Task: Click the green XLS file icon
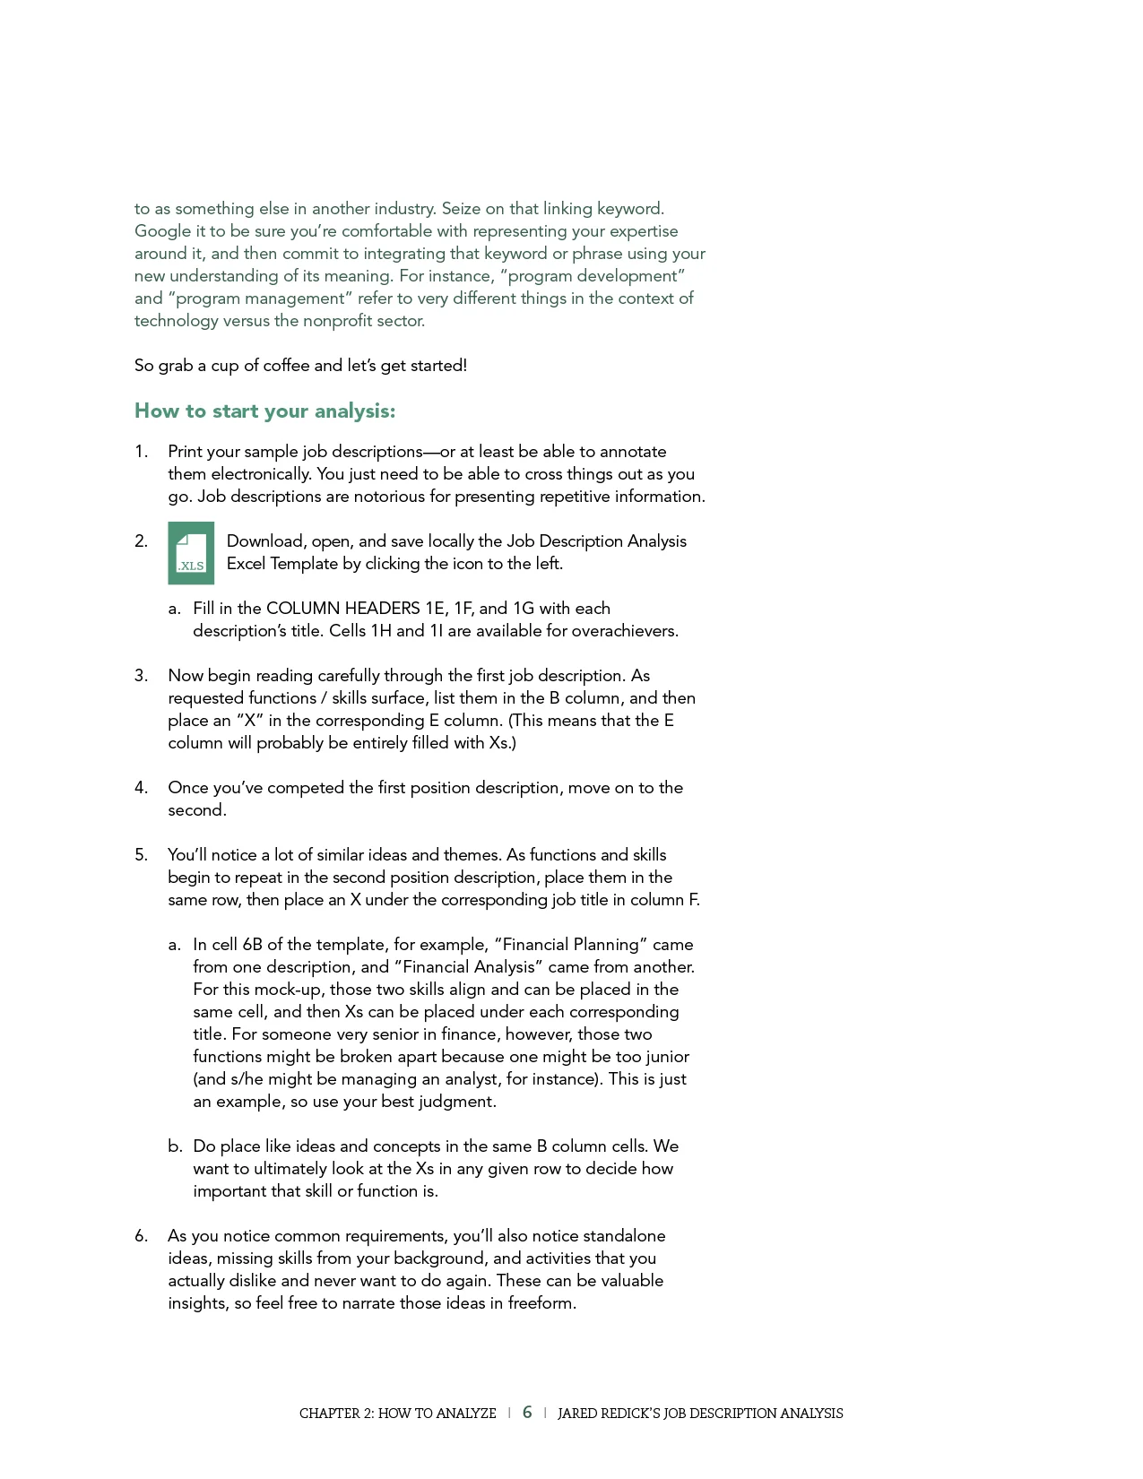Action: click(191, 553)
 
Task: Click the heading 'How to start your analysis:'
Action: click(264, 411)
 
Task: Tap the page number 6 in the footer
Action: click(527, 1412)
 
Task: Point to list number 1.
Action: click(141, 452)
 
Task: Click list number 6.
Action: click(141, 1236)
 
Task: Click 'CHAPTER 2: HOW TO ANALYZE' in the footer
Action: click(397, 1414)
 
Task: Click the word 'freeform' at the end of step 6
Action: click(541, 1303)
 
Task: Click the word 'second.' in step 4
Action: click(197, 810)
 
